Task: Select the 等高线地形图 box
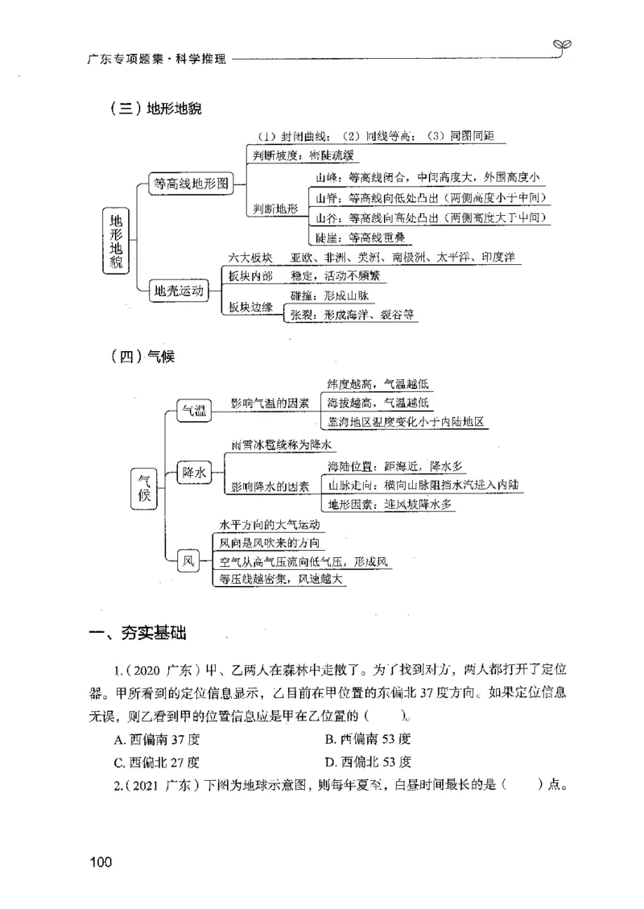coord(190,184)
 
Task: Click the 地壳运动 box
coord(179,291)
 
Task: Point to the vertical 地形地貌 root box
coord(117,239)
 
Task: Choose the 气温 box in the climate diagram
coord(194,411)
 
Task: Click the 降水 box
coord(194,473)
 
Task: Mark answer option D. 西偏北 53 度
coord(368,762)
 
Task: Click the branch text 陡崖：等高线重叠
coord(360,238)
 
